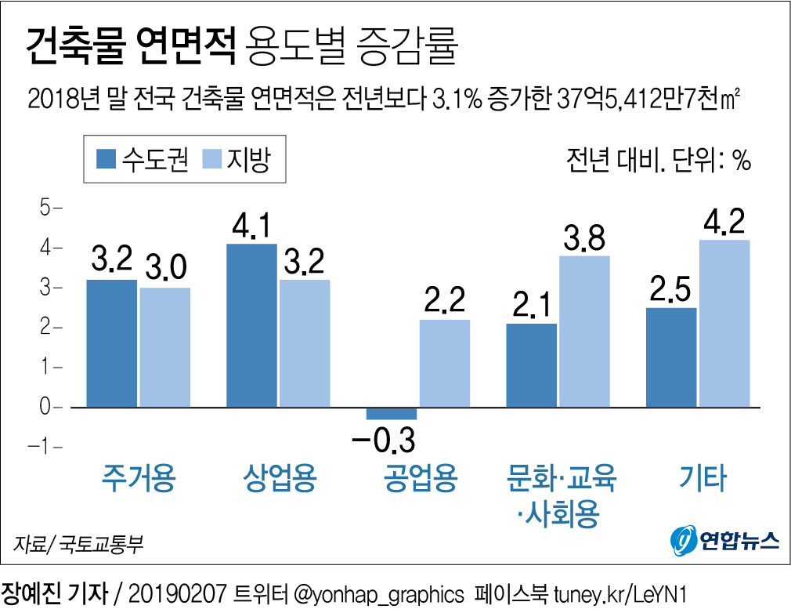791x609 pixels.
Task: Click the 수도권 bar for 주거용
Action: click(111, 343)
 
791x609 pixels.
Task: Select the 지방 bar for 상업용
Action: click(305, 343)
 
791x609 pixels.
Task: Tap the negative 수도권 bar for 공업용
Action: click(392, 413)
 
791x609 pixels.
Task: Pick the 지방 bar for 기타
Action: click(724, 323)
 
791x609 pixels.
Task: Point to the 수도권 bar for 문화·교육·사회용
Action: click(531, 365)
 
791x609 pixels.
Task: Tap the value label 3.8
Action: click(585, 237)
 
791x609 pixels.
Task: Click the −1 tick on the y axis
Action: click(42, 447)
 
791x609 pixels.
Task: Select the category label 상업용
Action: click(280, 478)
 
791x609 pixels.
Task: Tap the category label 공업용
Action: click(420, 478)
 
